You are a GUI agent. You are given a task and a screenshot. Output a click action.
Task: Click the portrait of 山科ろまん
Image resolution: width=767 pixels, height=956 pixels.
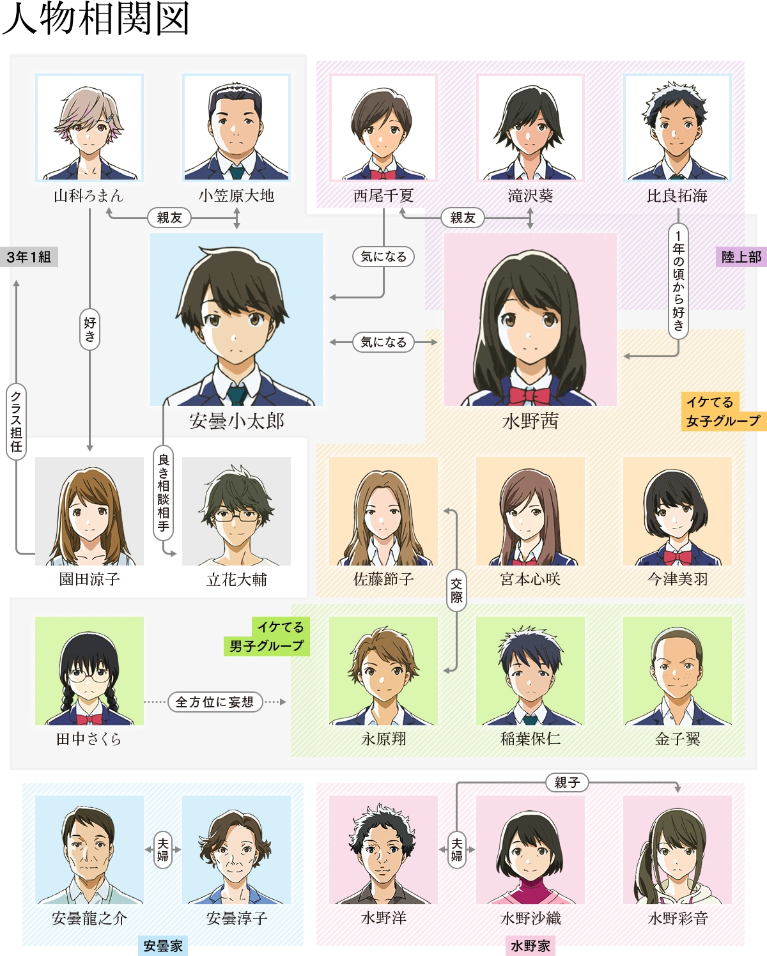click(x=89, y=127)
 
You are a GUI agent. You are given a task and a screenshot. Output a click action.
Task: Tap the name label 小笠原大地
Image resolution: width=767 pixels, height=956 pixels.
click(x=236, y=196)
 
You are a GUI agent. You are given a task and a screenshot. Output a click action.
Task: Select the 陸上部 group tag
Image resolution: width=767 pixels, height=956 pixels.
click(x=741, y=257)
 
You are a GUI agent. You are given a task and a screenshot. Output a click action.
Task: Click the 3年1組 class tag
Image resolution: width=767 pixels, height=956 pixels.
click(x=29, y=257)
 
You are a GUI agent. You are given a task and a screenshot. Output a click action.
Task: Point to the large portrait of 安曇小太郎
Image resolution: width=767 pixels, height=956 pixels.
click(x=236, y=319)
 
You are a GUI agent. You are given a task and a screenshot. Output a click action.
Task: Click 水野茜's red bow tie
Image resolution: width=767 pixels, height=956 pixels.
click(x=529, y=394)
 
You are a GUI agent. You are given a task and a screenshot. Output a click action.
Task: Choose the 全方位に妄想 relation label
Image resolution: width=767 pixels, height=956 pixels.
click(x=215, y=702)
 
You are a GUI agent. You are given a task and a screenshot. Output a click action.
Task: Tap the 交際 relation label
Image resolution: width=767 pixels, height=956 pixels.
click(x=456, y=590)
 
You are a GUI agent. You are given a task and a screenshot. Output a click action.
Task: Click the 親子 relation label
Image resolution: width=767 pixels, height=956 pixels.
click(x=567, y=782)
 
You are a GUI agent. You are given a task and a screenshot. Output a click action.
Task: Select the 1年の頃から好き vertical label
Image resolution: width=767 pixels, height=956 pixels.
click(x=678, y=281)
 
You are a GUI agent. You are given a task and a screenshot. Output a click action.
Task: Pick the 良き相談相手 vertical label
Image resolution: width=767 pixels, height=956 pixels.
click(x=164, y=493)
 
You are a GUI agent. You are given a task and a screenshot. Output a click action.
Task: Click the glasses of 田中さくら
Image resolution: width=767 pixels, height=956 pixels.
click(x=89, y=674)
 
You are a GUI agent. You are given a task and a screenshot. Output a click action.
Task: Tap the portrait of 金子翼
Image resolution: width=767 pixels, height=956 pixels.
click(x=678, y=670)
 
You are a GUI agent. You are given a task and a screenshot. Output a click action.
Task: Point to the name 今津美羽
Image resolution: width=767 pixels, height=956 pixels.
click(x=678, y=579)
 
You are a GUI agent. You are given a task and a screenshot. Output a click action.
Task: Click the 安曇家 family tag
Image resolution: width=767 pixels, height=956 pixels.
click(x=163, y=946)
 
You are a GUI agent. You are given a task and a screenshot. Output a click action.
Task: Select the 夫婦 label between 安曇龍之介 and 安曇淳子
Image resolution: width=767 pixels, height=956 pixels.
click(x=163, y=849)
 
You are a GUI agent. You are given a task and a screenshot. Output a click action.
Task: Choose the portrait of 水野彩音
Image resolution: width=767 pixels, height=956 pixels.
click(x=678, y=850)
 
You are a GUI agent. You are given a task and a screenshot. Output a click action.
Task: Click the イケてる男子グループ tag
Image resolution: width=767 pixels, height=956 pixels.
click(x=267, y=636)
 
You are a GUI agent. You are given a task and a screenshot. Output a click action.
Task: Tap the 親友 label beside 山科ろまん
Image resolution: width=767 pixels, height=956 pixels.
click(x=169, y=218)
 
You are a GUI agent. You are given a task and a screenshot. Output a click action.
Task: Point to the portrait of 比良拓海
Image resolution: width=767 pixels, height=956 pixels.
click(x=678, y=127)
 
